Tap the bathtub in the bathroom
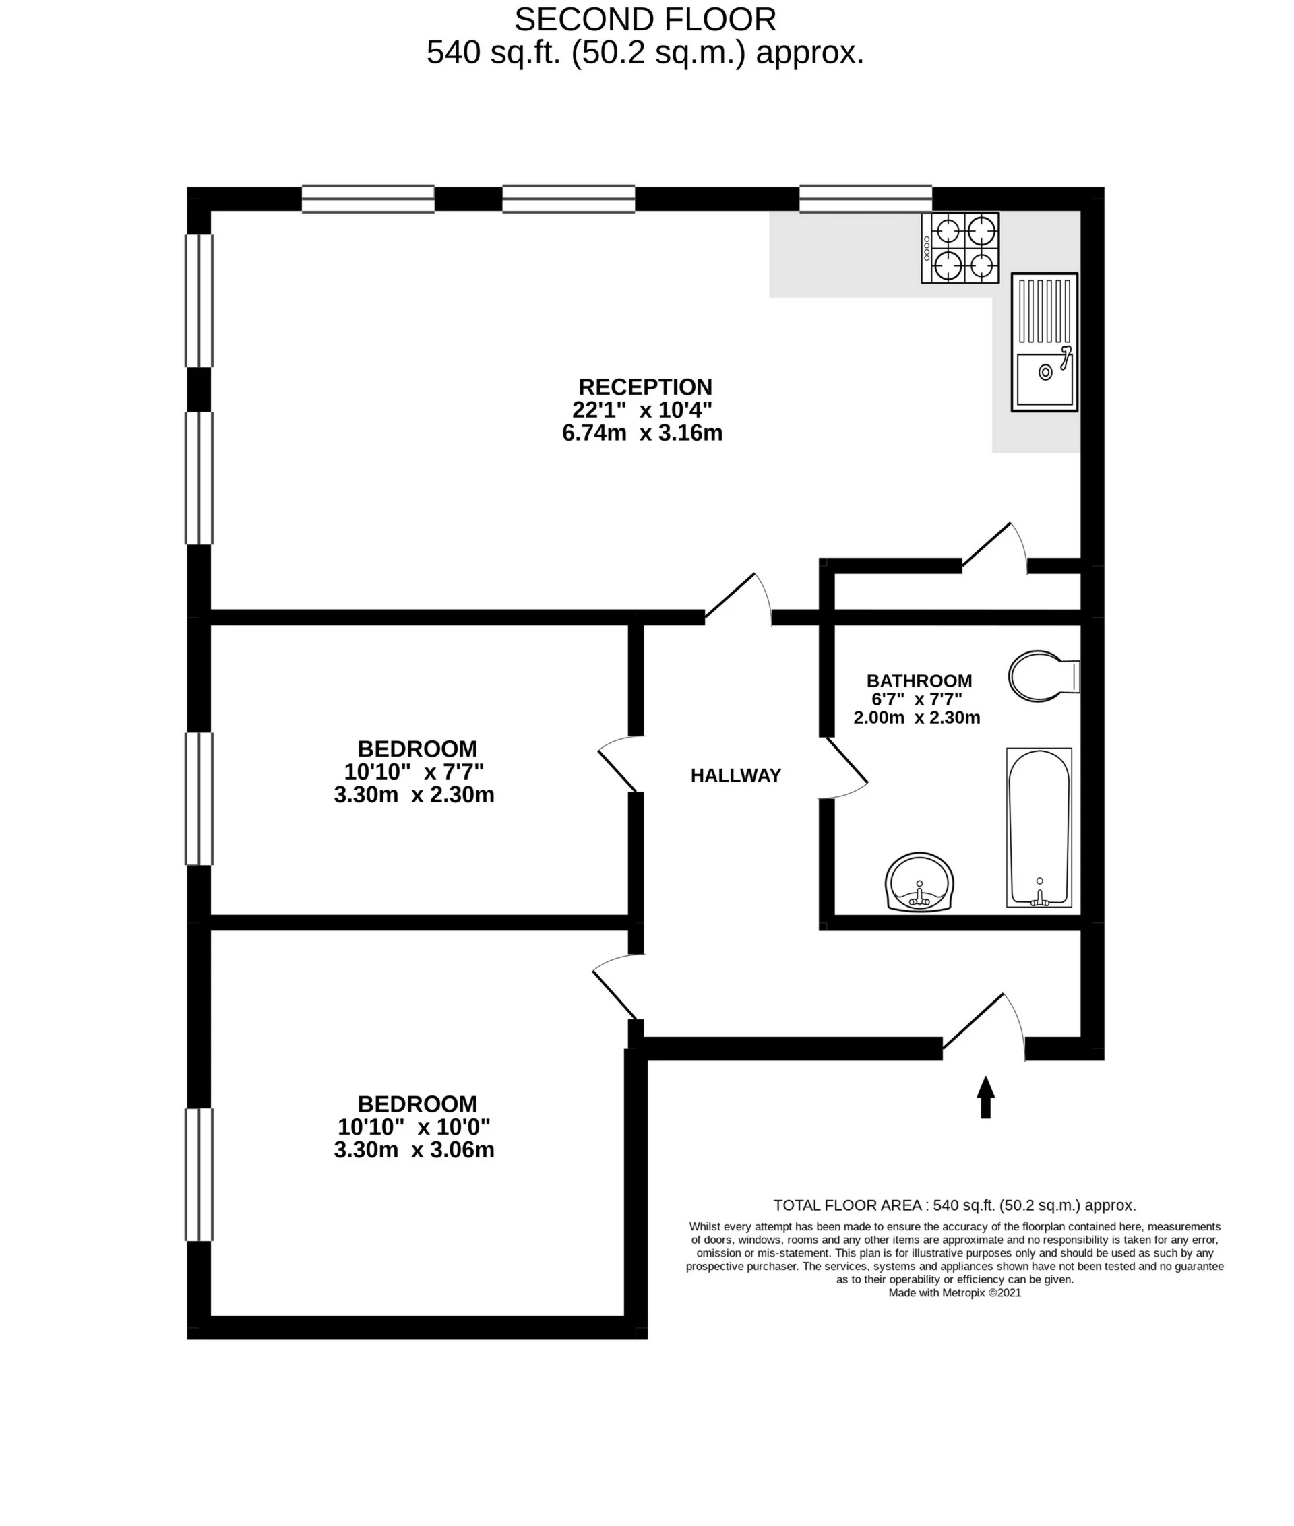point(1039,828)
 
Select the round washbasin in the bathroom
point(919,882)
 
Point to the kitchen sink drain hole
point(1045,373)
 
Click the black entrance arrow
point(985,1097)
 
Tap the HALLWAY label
point(736,775)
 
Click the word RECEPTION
point(646,387)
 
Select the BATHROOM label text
point(919,680)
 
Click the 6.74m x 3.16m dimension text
point(642,433)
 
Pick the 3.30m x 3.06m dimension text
point(414,1149)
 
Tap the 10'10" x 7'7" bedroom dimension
point(414,771)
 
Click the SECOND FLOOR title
point(646,19)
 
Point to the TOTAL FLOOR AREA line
point(954,1205)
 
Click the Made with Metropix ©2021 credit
point(954,1293)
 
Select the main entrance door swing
point(983,1027)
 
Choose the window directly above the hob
point(865,199)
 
